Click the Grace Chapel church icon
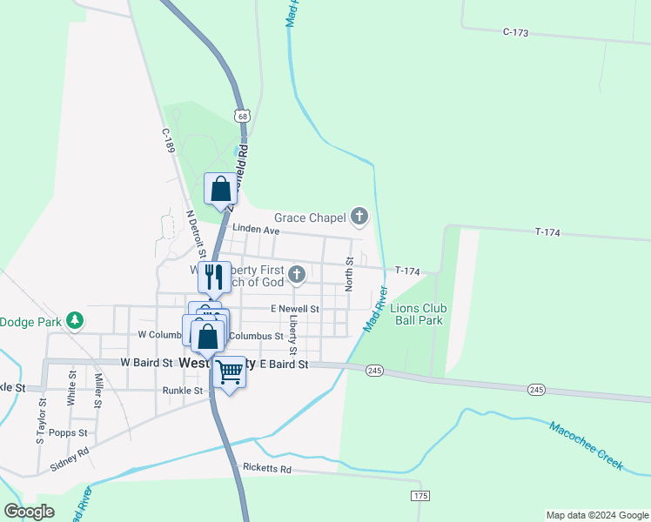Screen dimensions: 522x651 (359, 217)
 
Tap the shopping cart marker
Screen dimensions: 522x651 (229, 371)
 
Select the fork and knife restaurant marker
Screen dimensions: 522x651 (214, 277)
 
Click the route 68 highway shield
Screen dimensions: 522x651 (241, 116)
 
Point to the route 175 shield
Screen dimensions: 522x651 (421, 495)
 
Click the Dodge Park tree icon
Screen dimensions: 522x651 (76, 321)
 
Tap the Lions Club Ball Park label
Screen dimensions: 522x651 (418, 314)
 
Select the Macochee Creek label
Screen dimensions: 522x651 (586, 445)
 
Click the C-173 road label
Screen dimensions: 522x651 (516, 32)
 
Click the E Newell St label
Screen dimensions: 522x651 (294, 309)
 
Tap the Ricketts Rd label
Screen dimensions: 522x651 (267, 469)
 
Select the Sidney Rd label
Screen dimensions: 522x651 (70, 458)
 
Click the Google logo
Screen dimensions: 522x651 (29, 512)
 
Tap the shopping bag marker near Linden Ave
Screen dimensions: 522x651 (221, 189)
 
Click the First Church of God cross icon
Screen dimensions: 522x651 (297, 276)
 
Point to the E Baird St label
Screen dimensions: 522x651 (284, 365)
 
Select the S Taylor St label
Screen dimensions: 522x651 (41, 421)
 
